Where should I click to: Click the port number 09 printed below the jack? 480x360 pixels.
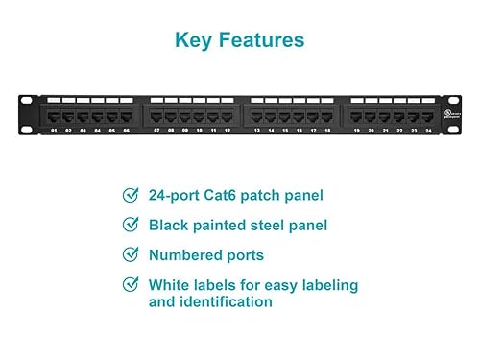[184, 130]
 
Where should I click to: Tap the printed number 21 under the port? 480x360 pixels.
[385, 130]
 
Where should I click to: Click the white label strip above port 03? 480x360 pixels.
[83, 101]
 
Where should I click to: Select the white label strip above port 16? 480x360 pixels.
[300, 101]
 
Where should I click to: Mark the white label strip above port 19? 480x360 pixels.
[357, 101]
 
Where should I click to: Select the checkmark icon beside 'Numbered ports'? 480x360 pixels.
[130, 255]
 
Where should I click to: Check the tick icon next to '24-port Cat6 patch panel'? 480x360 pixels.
[130, 195]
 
